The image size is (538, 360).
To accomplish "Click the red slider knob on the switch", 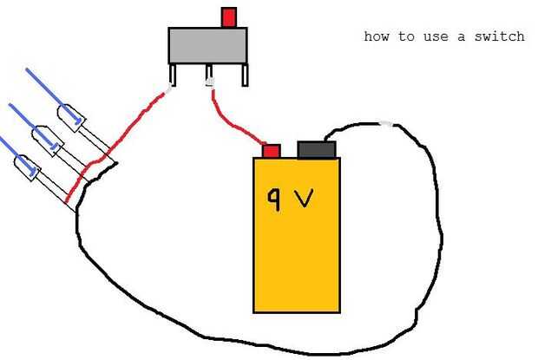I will click(229, 16).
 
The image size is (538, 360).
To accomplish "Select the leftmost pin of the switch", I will click(174, 75).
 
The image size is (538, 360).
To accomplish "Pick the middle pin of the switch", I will click(209, 75).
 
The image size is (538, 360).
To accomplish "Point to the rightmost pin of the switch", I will click(246, 75).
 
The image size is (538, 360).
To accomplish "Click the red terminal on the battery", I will click(271, 151).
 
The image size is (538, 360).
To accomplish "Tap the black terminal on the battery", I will click(317, 149).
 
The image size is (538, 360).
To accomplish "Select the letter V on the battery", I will click(305, 199).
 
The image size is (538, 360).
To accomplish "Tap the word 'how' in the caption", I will click(376, 36).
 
